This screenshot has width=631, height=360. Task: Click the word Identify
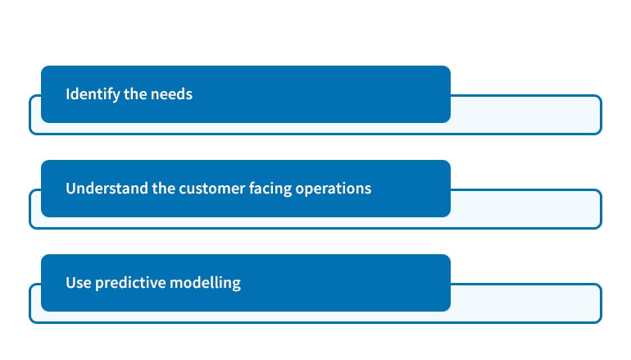(93, 94)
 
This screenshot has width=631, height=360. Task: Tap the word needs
(171, 94)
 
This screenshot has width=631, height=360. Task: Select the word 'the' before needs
(135, 94)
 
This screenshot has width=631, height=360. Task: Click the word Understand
(107, 189)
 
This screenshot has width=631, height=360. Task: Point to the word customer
(211, 189)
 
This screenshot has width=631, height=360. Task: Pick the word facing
(270, 189)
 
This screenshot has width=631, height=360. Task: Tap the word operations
(334, 189)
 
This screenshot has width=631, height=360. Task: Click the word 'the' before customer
(163, 189)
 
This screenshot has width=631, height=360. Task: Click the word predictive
(130, 283)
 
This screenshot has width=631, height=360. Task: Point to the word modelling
(205, 283)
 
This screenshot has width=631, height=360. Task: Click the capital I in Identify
(68, 94)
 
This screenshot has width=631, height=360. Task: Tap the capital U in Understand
(71, 189)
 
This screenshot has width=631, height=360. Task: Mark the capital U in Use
(71, 283)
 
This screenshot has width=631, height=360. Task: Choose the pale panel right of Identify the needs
(525, 115)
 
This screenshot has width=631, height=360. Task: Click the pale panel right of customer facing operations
(525, 209)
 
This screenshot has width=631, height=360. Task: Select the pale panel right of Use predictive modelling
(525, 303)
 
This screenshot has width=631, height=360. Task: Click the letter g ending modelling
(237, 285)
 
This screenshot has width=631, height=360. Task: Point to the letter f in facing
(252, 188)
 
